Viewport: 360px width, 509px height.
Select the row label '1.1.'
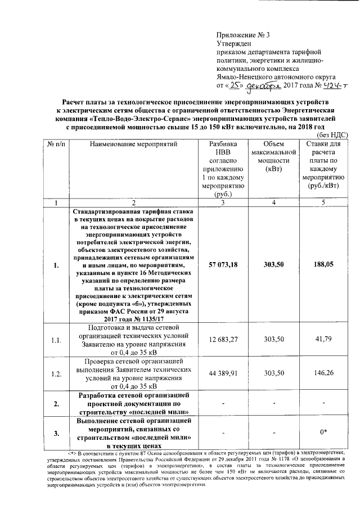tap(56, 341)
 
